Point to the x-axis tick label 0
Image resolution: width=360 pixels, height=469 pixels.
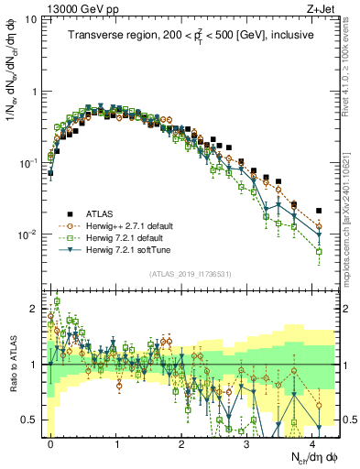(x=51, y=442)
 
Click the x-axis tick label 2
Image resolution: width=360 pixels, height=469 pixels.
(x=182, y=442)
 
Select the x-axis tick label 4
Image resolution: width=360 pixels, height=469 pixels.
(x=313, y=442)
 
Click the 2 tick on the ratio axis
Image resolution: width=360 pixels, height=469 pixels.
(x=35, y=310)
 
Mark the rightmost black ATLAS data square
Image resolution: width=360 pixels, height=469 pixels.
(x=318, y=210)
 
